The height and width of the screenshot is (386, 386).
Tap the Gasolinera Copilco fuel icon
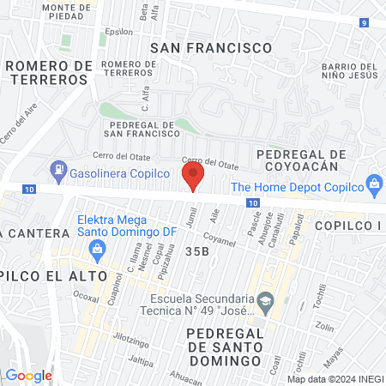[x=58, y=169]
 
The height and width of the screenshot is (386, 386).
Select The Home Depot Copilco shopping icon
[x=374, y=183]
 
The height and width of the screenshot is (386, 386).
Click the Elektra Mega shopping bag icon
[x=98, y=249]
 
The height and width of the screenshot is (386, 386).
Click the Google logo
[x=29, y=375]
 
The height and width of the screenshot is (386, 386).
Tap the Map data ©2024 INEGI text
[x=334, y=378]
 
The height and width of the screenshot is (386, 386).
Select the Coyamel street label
[x=220, y=243]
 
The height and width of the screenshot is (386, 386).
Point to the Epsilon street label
[x=119, y=31]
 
